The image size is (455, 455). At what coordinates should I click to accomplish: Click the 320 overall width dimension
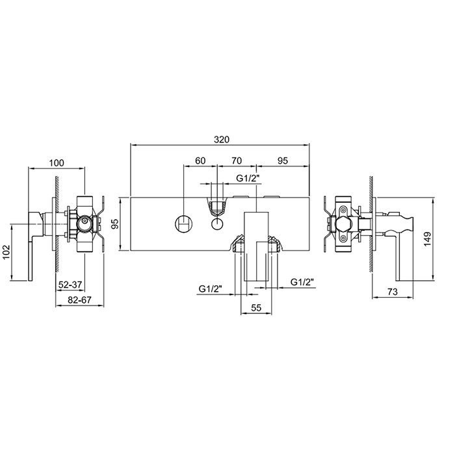click(x=220, y=139)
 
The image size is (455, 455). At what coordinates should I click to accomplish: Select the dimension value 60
click(x=200, y=160)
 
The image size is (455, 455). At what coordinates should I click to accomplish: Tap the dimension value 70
click(x=237, y=160)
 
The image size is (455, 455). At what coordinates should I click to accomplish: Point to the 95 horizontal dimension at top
click(x=283, y=160)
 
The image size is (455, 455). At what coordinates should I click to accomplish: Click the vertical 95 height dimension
click(x=114, y=224)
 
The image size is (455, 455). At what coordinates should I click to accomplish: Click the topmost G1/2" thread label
click(x=248, y=177)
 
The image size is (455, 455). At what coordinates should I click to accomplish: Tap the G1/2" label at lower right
click(x=303, y=282)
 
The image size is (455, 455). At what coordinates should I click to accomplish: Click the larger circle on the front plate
click(x=183, y=225)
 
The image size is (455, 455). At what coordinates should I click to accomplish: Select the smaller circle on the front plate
click(x=217, y=225)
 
